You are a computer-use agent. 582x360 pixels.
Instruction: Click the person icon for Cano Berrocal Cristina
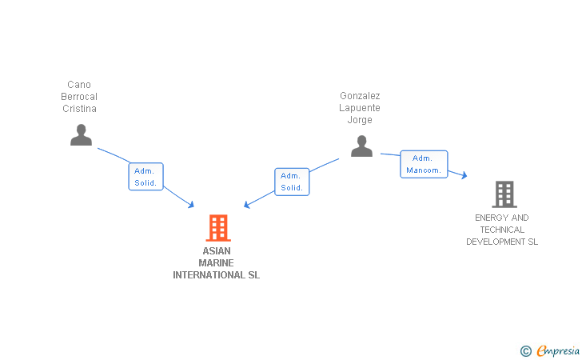81,135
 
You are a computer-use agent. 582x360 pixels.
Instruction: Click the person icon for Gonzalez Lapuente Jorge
361,146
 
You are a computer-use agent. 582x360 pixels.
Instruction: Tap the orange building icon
217,228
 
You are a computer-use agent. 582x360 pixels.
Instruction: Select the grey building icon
504,194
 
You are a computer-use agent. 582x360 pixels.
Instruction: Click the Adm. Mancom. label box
424,164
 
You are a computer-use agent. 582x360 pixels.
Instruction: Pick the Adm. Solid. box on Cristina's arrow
145,177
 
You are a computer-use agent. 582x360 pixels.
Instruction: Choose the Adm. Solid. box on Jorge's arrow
292,182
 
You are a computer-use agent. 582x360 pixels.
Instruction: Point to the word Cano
79,85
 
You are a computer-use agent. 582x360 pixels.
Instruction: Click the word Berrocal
79,97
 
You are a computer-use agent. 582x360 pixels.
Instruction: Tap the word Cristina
79,109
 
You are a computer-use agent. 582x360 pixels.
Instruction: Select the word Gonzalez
360,96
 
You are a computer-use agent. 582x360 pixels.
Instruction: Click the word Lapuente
360,108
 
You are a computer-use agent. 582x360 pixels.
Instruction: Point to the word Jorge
360,120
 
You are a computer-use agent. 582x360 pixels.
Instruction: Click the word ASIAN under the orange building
217,251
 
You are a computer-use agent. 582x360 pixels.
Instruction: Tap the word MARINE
217,263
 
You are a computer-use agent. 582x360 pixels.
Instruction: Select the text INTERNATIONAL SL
217,275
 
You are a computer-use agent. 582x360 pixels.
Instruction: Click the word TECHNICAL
502,230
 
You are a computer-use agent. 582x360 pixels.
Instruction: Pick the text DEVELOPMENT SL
502,242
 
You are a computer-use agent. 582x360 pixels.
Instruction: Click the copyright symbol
525,350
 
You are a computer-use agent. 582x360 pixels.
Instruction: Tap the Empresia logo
558,350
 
